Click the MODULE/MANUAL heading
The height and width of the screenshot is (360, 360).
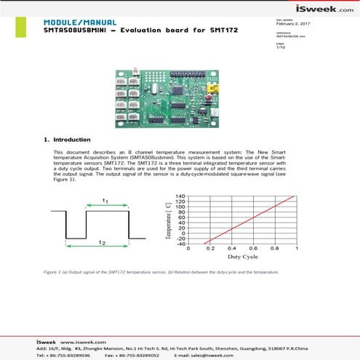[73, 22]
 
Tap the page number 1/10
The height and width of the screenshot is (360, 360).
[281, 48]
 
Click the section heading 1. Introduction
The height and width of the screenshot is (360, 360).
[68, 139]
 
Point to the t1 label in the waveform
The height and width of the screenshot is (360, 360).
[106, 200]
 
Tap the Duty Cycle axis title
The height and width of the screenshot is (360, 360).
[244, 257]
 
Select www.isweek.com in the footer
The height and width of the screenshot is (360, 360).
[80, 341]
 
